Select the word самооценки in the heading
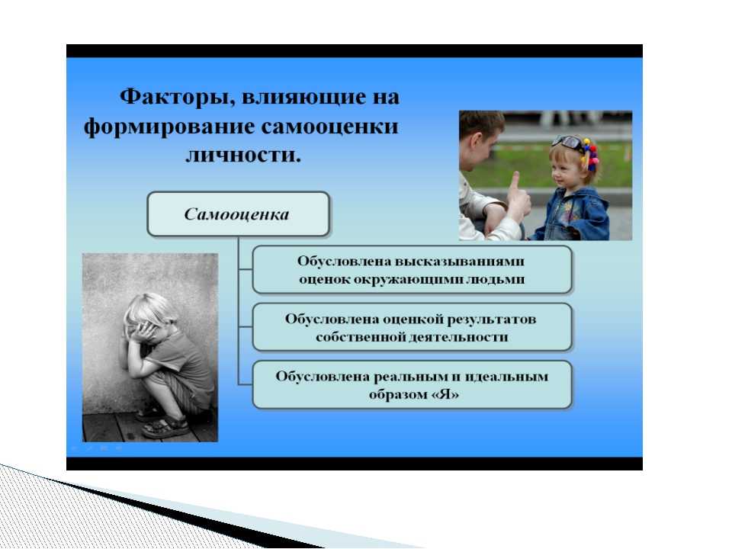pyautogui.click(x=329, y=127)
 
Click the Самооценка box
pyautogui.click(x=238, y=213)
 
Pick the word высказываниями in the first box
pyautogui.click(x=460, y=262)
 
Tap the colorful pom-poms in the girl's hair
pyautogui.click(x=590, y=155)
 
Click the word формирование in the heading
pyautogui.click(x=170, y=127)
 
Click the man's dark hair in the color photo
pyautogui.click(x=482, y=122)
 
